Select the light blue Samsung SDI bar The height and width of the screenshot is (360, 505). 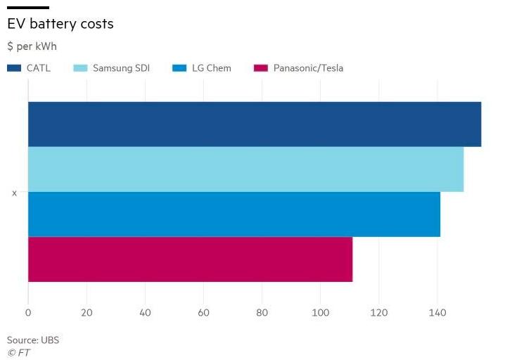[245, 169]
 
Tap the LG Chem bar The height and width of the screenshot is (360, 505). [234, 214]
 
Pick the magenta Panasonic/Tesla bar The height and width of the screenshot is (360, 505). [190, 259]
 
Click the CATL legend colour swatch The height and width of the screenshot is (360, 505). [15, 68]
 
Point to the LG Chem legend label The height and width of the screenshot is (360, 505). [211, 68]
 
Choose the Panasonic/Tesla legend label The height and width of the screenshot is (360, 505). [308, 68]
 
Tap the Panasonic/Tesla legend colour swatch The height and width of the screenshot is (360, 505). [261, 68]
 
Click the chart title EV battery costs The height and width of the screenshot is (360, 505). [60, 23]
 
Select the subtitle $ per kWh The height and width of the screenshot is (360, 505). [32, 46]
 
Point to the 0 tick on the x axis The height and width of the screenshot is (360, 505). [28, 312]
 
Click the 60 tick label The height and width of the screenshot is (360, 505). [204, 312]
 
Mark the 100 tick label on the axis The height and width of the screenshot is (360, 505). [321, 312]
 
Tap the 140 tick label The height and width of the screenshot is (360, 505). [437, 312]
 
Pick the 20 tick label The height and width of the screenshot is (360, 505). [87, 312]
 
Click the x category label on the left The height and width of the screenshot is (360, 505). [14, 193]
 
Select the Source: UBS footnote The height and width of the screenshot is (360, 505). [33, 340]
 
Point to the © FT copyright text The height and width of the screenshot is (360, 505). [19, 352]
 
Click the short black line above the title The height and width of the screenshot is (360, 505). [27, 7]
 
